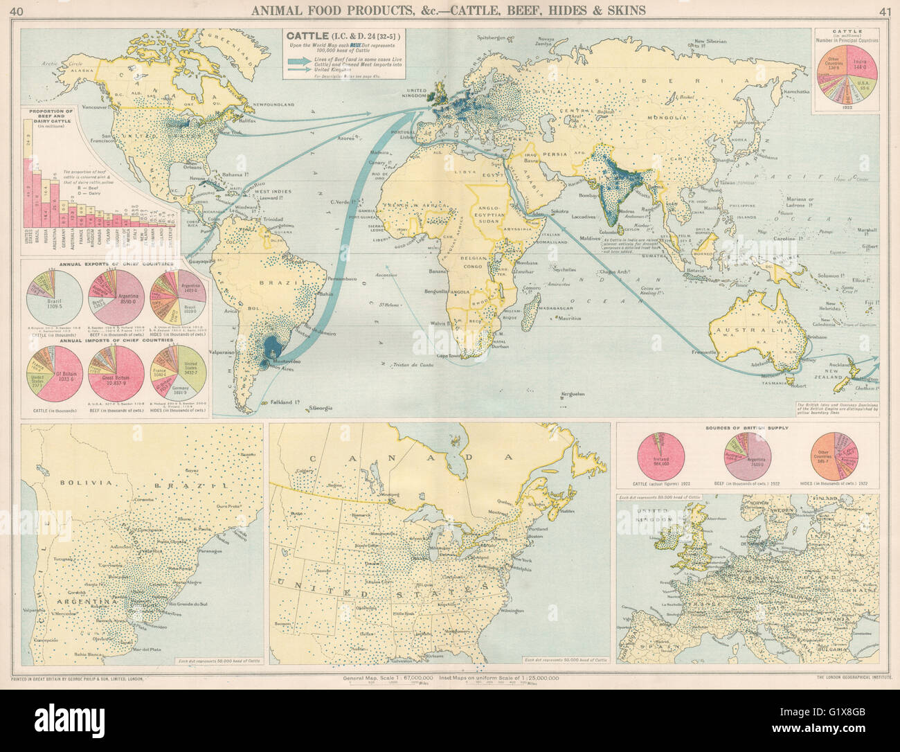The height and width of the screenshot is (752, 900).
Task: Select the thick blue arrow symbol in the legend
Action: coord(303,60)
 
